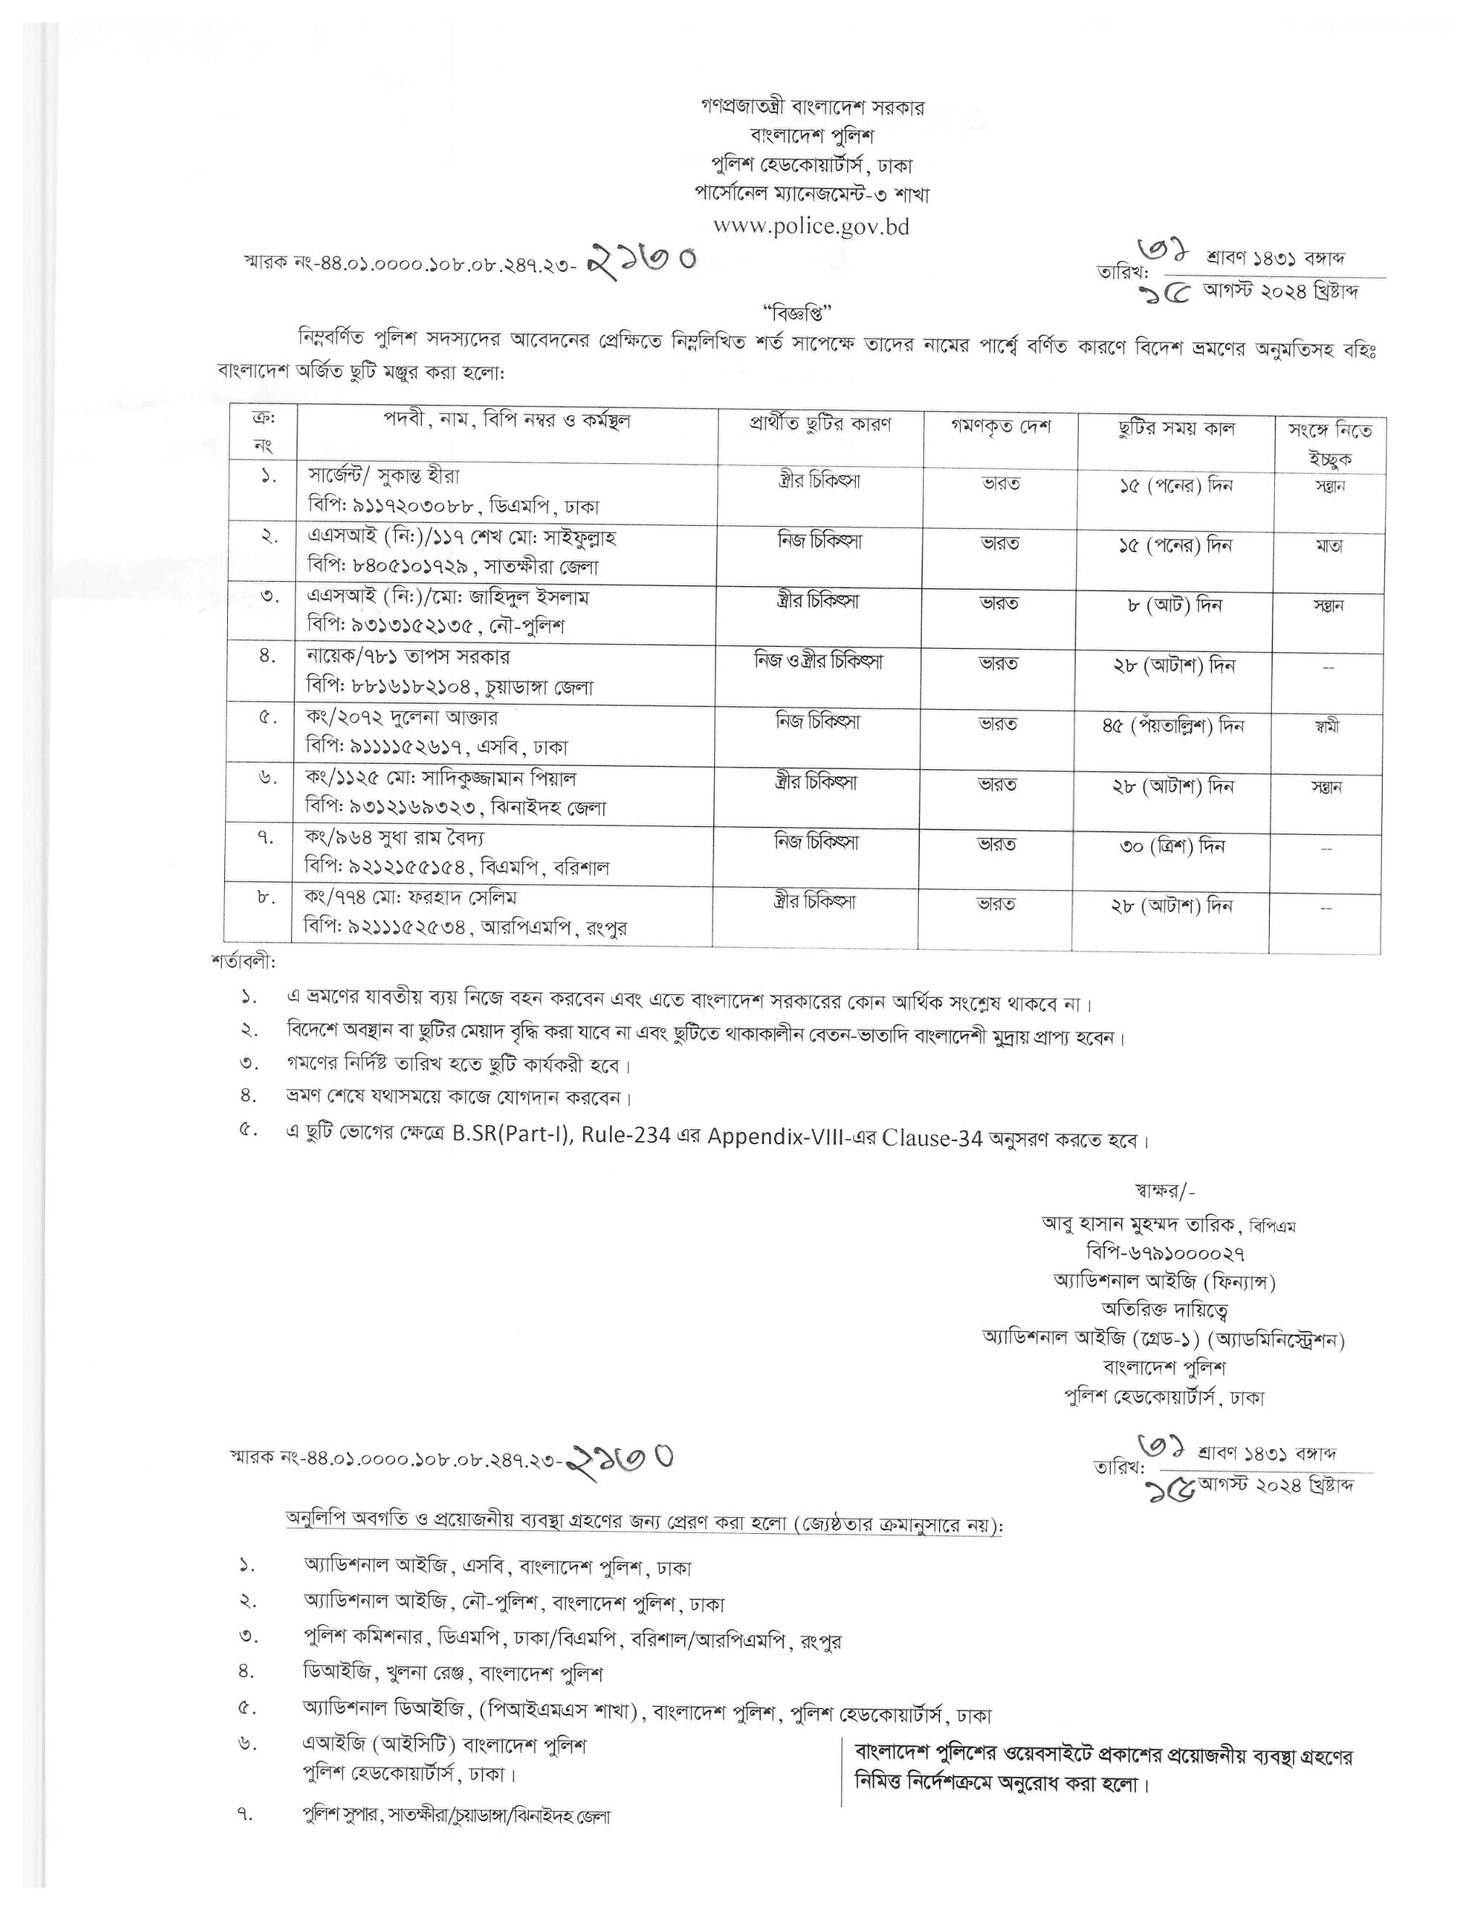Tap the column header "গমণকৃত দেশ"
coord(1001,427)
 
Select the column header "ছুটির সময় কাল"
coord(1176,428)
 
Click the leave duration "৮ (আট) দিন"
coord(1174,605)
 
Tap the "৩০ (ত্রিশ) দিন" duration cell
coord(1174,846)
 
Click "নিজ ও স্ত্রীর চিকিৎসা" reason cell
coord(818,661)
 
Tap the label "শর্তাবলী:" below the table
coord(243,962)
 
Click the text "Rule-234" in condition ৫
coord(633,1136)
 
